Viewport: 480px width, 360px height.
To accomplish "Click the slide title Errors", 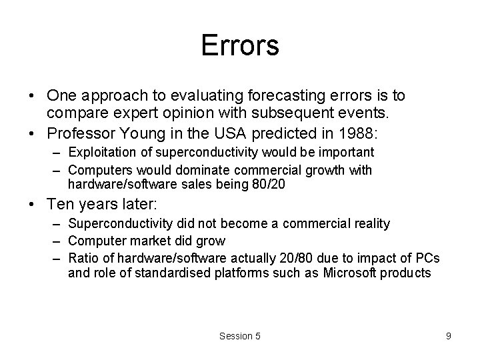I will pyautogui.click(x=240, y=45).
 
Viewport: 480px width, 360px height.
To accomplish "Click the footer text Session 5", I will pyautogui.click(x=240, y=336).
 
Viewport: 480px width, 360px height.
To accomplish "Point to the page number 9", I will pyautogui.click(x=449, y=336).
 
